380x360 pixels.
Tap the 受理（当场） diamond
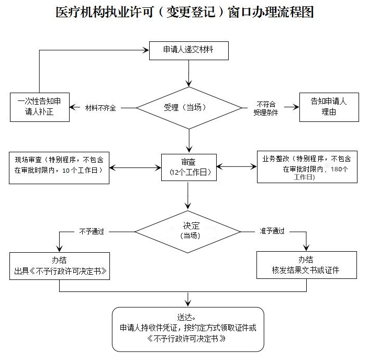pos(189,107)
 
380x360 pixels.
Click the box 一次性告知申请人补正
pos(39,107)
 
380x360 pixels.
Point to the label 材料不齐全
pos(100,107)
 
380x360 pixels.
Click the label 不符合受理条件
pos(266,108)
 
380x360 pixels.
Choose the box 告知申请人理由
pos(329,107)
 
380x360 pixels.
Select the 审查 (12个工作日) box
pos(189,167)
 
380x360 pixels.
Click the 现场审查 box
pos(59,167)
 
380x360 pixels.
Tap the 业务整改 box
pos(307,167)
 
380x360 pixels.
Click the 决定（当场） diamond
pos(189,231)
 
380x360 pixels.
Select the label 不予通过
pos(92,231)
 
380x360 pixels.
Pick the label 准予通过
pos(272,231)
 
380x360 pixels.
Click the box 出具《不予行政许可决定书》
pos(60,266)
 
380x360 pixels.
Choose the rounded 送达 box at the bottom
pos(188,328)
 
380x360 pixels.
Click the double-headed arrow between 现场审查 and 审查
pos(136,167)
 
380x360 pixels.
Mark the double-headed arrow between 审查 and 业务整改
pos(237,167)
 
